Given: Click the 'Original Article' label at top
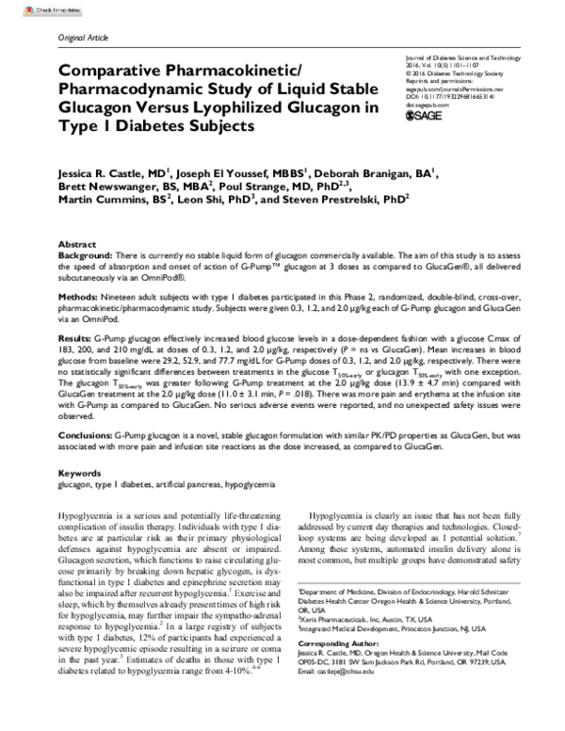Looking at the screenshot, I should pos(85,36).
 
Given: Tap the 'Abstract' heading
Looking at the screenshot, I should pos(77,243).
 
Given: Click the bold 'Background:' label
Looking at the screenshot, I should pos(86,255).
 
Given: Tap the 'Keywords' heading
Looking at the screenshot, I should pos(80,473).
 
